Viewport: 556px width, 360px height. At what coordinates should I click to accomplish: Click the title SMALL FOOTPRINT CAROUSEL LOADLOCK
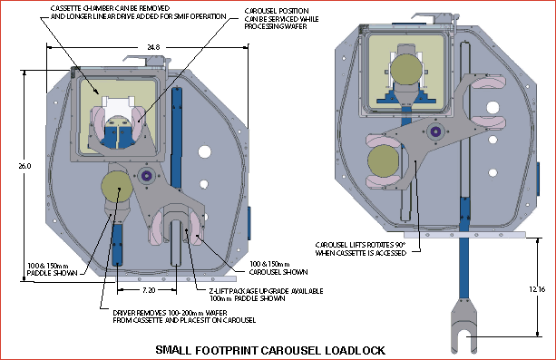270,350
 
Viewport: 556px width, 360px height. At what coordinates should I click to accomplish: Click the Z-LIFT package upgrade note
245,294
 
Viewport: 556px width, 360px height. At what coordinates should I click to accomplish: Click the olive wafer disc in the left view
116,187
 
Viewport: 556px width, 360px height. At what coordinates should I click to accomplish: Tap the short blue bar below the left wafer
119,243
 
